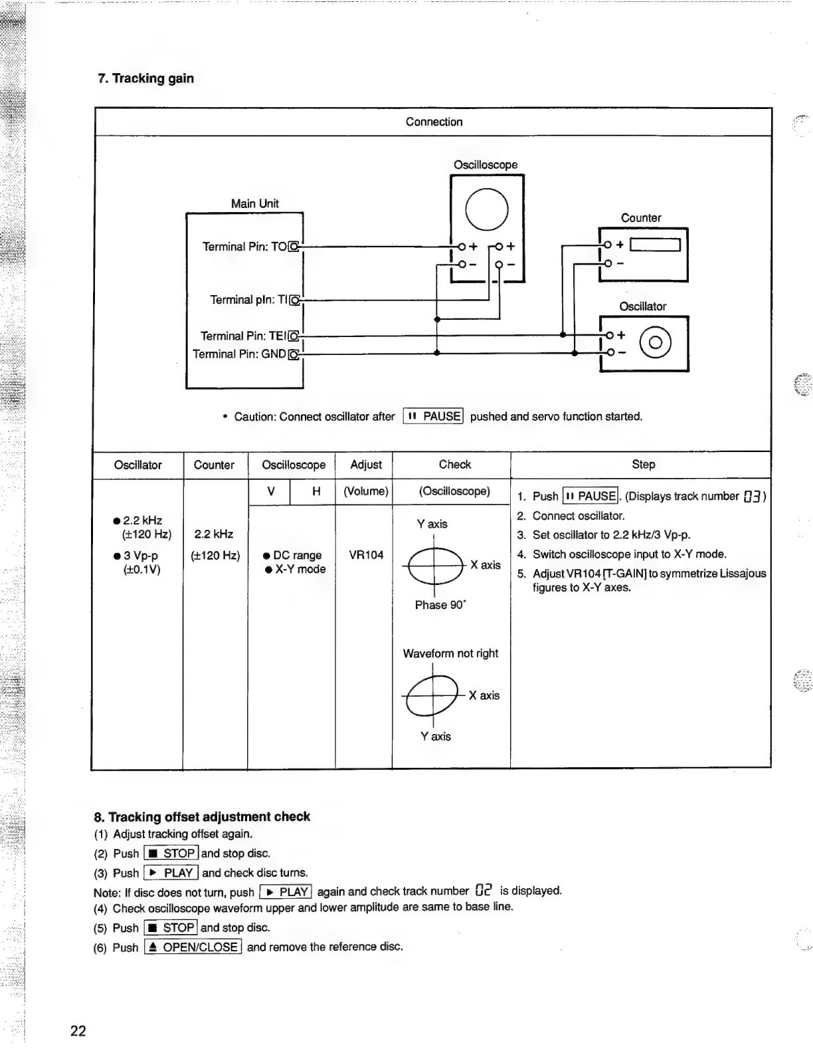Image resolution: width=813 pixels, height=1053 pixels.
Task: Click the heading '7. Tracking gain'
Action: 146,78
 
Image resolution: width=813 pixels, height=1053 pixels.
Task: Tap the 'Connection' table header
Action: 434,122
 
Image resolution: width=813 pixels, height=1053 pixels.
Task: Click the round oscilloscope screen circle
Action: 487,209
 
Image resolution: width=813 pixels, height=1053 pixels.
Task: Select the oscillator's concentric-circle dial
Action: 655,343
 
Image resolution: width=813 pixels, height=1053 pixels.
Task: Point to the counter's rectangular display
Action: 655,245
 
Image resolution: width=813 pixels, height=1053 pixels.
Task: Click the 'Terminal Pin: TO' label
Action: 244,247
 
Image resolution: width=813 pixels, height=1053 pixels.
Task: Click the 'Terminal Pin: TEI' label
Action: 242,336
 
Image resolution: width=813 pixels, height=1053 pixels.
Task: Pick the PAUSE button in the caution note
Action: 434,417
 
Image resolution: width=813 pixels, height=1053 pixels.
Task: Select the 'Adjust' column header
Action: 366,465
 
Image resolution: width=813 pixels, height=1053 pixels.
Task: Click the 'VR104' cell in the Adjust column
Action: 366,555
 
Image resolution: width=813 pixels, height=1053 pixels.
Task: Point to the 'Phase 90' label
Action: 440,605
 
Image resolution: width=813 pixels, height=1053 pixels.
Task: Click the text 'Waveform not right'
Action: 450,653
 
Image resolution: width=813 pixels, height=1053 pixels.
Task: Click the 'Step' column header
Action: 643,465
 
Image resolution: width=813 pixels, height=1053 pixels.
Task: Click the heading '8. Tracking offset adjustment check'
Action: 202,817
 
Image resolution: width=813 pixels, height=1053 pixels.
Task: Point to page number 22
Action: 78,1031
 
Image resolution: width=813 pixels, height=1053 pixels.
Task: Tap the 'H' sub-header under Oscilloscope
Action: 316,491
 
